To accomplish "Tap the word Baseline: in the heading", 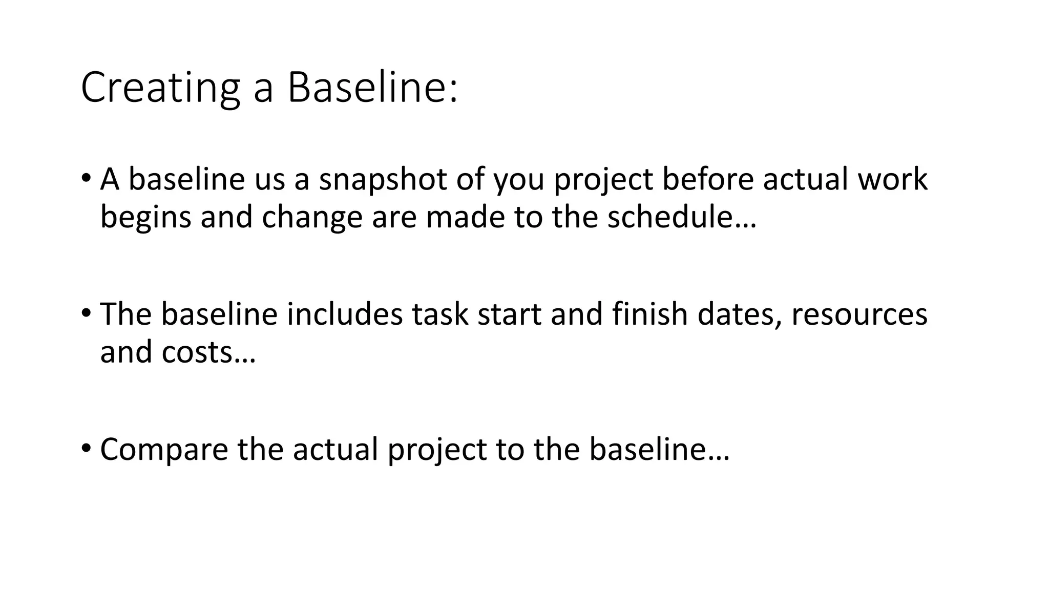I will point(372,88).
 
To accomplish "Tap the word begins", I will point(145,218).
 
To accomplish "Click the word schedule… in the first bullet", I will point(682,218).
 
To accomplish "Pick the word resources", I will point(859,314).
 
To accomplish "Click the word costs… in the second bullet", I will point(208,352).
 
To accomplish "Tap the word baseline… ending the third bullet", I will point(659,450).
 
